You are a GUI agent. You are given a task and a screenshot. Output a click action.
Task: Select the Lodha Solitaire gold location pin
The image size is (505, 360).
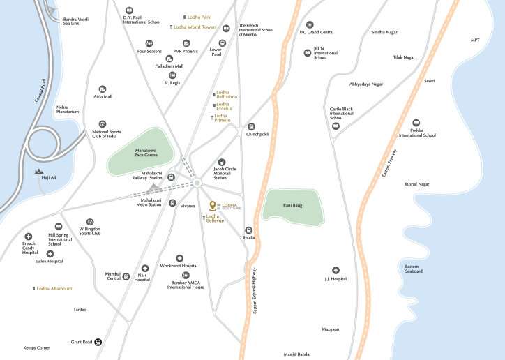(214, 206)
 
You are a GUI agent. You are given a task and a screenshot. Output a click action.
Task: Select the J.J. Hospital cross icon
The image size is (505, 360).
(336, 270)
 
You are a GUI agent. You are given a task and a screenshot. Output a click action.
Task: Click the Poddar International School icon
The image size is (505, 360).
(416, 122)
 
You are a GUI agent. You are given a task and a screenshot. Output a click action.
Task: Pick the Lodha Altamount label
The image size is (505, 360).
(54, 288)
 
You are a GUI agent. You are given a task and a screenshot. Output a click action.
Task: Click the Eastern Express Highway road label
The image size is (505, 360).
(255, 290)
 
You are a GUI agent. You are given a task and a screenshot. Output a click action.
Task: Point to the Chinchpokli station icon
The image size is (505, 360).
(252, 127)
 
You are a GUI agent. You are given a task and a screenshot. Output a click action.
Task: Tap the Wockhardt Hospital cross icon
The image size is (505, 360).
(179, 258)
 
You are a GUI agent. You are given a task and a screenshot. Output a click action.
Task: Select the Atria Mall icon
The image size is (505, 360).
(103, 89)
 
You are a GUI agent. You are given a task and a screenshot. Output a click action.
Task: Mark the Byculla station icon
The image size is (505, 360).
(248, 230)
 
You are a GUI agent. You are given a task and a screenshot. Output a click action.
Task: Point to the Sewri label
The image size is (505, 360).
(429, 81)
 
